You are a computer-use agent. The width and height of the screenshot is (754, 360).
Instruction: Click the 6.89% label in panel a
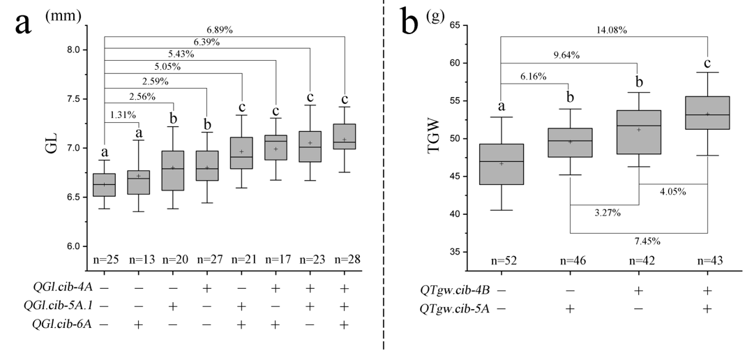click(220, 30)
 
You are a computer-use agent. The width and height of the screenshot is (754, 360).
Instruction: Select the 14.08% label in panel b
click(611, 30)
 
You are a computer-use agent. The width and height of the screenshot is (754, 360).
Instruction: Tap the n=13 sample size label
click(138, 259)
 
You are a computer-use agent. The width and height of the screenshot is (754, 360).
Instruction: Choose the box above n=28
click(345, 137)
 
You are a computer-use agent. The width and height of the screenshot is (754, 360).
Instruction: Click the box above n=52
click(501, 164)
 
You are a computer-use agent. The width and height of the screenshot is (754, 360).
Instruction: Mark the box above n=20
click(172, 170)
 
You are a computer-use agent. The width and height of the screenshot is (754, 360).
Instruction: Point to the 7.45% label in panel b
click(647, 241)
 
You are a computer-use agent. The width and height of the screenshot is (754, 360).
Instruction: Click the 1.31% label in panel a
click(123, 114)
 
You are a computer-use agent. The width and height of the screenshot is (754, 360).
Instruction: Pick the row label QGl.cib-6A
click(61, 324)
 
